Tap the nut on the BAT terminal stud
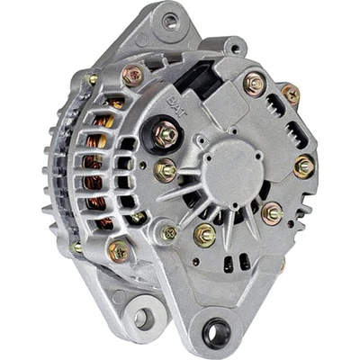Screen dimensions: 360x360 point(166,135)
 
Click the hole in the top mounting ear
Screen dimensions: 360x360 point(168,22)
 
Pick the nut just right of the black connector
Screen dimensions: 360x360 point(254,85)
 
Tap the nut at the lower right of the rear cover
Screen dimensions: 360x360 point(271,213)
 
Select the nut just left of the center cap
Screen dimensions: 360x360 point(166,170)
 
